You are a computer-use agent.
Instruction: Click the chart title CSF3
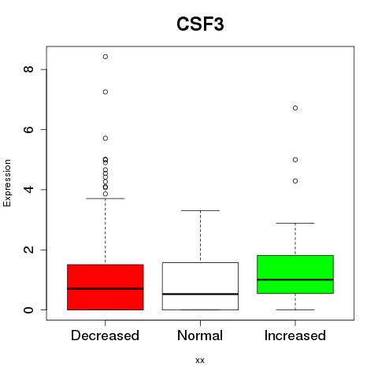coord(200,24)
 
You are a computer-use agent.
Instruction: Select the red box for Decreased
coord(106,287)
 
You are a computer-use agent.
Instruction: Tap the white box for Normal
coord(200,286)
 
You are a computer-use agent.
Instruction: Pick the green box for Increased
coord(295,274)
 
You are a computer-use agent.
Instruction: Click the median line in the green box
coord(295,280)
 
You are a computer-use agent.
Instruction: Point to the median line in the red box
coord(106,289)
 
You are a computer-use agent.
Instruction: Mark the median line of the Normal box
coord(200,294)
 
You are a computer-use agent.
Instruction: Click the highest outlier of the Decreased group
coord(106,57)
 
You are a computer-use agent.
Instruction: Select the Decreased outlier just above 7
coord(106,92)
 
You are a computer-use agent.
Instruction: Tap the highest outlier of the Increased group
coord(295,108)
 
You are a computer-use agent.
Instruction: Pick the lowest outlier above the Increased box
coord(295,181)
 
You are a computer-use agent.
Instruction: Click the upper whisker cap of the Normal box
coord(200,210)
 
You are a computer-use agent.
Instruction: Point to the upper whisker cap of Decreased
coord(106,198)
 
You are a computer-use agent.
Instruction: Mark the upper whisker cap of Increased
coord(295,223)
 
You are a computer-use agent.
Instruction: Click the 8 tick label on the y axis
coord(28,69)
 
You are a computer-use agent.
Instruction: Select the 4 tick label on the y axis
coord(28,189)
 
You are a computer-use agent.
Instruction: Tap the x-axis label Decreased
coord(105,335)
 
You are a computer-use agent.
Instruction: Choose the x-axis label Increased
coord(295,335)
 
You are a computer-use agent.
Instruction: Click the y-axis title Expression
coord(7,183)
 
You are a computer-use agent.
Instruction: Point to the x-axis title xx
coord(200,360)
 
